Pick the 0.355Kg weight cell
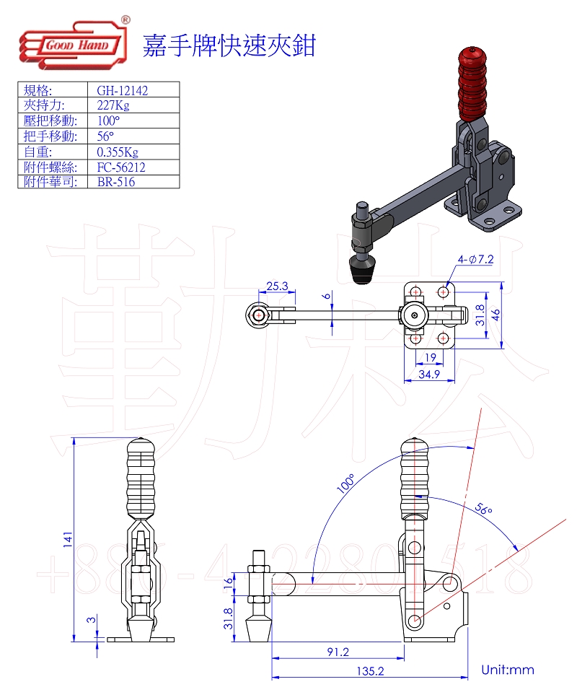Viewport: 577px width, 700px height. tap(117, 152)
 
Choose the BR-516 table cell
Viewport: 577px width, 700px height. tap(115, 181)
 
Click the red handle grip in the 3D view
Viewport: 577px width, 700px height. tap(472, 85)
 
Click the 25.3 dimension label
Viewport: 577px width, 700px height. tap(277, 286)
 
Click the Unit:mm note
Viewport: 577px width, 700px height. tap(508, 670)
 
